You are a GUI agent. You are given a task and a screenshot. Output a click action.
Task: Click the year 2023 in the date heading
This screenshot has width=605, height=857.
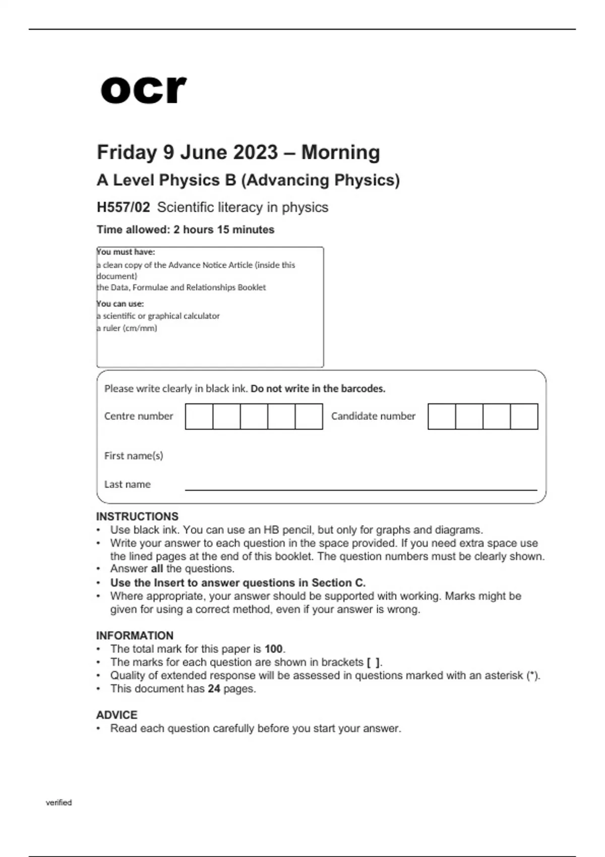[x=256, y=152]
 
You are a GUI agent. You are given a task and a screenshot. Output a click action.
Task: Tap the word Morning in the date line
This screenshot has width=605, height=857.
[x=341, y=152]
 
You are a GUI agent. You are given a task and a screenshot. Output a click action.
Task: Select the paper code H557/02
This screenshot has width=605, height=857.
[x=124, y=207]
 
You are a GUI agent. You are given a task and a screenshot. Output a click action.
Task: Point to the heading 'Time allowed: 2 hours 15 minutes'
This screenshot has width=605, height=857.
[x=186, y=229]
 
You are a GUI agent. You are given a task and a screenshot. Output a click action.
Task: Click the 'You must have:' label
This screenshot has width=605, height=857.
[x=126, y=252]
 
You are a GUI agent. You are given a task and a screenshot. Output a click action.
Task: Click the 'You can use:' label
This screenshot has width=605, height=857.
[x=120, y=303]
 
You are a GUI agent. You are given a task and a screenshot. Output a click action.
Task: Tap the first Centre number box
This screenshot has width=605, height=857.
[x=199, y=416]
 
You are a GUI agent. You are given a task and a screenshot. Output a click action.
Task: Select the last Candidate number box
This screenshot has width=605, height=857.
[x=524, y=416]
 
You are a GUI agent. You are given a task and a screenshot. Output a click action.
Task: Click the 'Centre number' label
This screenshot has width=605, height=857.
[x=139, y=416]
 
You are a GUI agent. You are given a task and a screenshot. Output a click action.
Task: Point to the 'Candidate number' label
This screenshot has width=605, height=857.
[x=373, y=416]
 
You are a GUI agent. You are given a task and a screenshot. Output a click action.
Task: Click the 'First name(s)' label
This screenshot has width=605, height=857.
[x=134, y=456]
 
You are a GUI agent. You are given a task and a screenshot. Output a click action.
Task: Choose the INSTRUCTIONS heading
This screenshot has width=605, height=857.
[x=137, y=516]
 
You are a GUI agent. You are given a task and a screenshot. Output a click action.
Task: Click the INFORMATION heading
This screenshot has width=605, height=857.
[x=135, y=635]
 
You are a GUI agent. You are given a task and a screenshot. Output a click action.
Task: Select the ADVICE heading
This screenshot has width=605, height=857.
[x=116, y=715]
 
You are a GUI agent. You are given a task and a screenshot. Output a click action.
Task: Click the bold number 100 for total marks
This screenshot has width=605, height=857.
[x=274, y=649]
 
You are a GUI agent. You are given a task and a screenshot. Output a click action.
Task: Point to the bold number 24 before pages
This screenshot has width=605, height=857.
[x=214, y=689]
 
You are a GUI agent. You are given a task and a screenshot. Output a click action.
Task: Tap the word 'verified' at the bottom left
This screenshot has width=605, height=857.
[x=59, y=803]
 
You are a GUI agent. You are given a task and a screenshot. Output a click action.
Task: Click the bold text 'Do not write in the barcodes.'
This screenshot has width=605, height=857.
[x=318, y=389]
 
